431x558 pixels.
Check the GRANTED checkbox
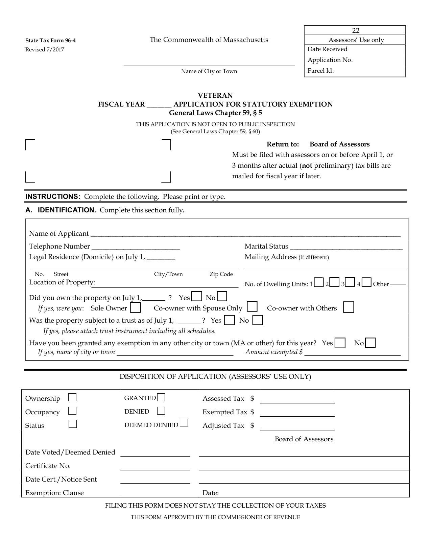161,397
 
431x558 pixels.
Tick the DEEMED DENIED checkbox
184,423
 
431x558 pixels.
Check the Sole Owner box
136,308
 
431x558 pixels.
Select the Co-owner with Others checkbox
348,307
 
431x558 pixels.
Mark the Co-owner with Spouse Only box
252,307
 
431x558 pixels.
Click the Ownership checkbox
72,397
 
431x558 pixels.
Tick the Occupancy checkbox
72,411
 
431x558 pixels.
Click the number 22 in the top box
356,30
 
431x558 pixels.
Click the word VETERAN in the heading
215,95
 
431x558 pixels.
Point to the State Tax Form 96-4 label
51,41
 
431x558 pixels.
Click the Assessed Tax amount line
297,401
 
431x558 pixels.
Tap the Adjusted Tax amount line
297,428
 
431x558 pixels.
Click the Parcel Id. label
320,71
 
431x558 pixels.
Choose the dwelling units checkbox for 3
350,282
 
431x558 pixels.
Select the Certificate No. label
48,466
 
